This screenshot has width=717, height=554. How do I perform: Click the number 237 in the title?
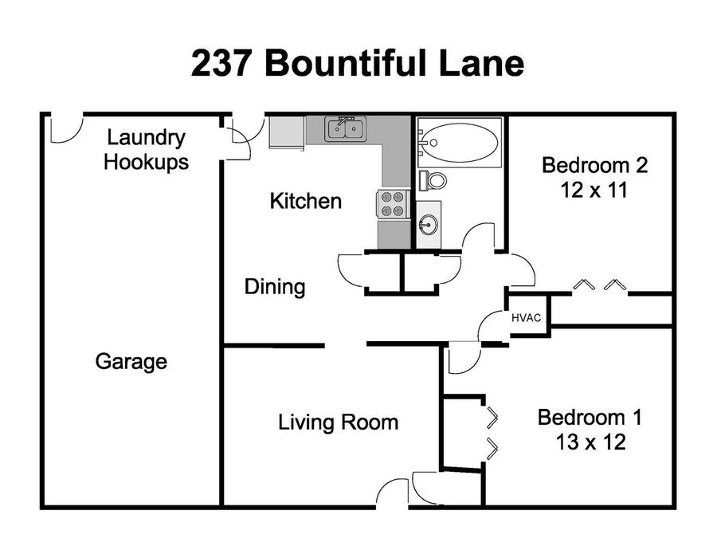pos(221,64)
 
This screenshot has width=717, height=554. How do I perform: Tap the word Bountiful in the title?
pos(347,63)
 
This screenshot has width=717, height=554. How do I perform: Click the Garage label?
pos(131,361)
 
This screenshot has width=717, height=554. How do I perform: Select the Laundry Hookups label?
pos(147,150)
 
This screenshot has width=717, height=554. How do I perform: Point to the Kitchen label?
pos(306,201)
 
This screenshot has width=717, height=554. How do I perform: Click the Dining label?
pos(275,287)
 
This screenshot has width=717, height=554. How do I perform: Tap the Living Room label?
pos(339,422)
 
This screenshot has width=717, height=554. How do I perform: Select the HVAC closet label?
pos(526,317)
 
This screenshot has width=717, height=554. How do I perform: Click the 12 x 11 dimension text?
pos(594,190)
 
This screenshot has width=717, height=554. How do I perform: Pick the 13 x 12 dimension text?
pos(591,442)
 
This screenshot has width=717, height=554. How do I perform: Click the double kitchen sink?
pos(345,128)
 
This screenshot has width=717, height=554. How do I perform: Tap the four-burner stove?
pos(392,204)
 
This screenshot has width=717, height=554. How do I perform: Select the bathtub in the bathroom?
pos(459,140)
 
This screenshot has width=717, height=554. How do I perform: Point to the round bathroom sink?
pos(429,225)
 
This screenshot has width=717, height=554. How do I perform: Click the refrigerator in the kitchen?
pos(287,132)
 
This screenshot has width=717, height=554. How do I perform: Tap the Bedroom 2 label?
pos(595,165)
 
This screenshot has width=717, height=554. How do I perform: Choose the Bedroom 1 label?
pos(590,418)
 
